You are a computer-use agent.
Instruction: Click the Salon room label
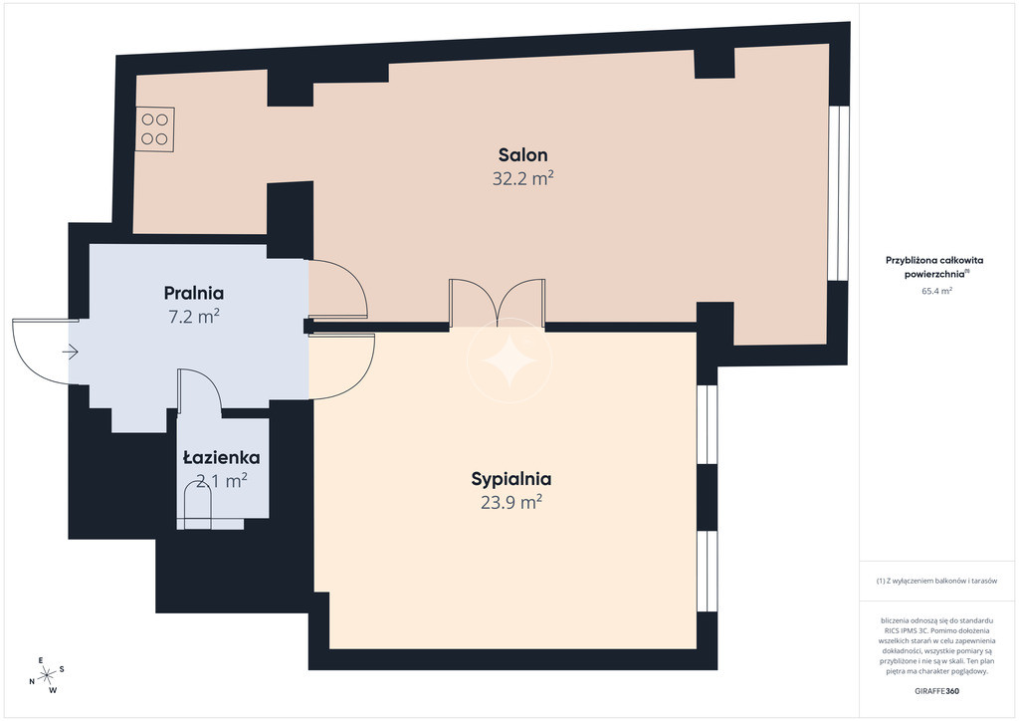522,154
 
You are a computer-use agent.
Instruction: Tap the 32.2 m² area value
522,178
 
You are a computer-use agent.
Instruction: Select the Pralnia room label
194,293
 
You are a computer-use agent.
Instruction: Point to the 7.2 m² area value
194,317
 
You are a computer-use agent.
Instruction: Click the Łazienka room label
222,458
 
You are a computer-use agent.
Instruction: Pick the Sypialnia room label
511,479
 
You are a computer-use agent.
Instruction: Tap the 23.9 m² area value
511,503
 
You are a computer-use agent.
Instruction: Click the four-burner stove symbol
154,129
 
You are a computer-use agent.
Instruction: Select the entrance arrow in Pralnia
71,353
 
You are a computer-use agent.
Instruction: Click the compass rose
47,676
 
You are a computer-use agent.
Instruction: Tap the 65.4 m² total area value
936,291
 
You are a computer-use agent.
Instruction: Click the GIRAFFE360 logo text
935,691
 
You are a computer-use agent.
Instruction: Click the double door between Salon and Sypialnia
498,304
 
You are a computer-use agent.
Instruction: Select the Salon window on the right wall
839,193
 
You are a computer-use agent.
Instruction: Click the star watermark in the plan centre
510,360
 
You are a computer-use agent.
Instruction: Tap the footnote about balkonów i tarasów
936,581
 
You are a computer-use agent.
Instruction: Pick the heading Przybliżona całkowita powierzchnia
934,267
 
